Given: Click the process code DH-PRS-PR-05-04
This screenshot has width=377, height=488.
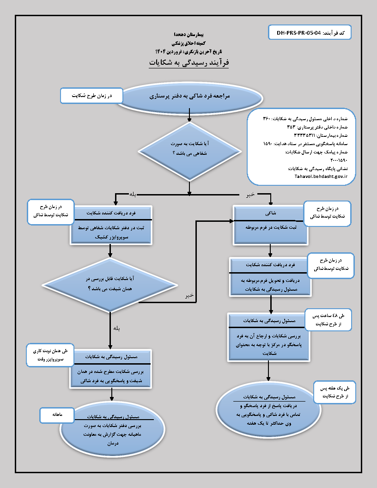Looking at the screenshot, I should [298, 33].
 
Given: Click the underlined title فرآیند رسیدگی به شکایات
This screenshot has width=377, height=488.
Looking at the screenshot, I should [188, 62].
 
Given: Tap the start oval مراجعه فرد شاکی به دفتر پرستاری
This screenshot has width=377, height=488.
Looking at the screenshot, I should [189, 97].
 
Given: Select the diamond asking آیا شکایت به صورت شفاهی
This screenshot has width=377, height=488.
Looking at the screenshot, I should [189, 149].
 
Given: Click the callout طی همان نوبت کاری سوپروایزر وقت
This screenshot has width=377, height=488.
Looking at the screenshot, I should [48, 354].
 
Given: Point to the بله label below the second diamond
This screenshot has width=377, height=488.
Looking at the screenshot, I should [117, 328].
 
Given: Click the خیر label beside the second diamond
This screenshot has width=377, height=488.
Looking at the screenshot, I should [189, 295].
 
